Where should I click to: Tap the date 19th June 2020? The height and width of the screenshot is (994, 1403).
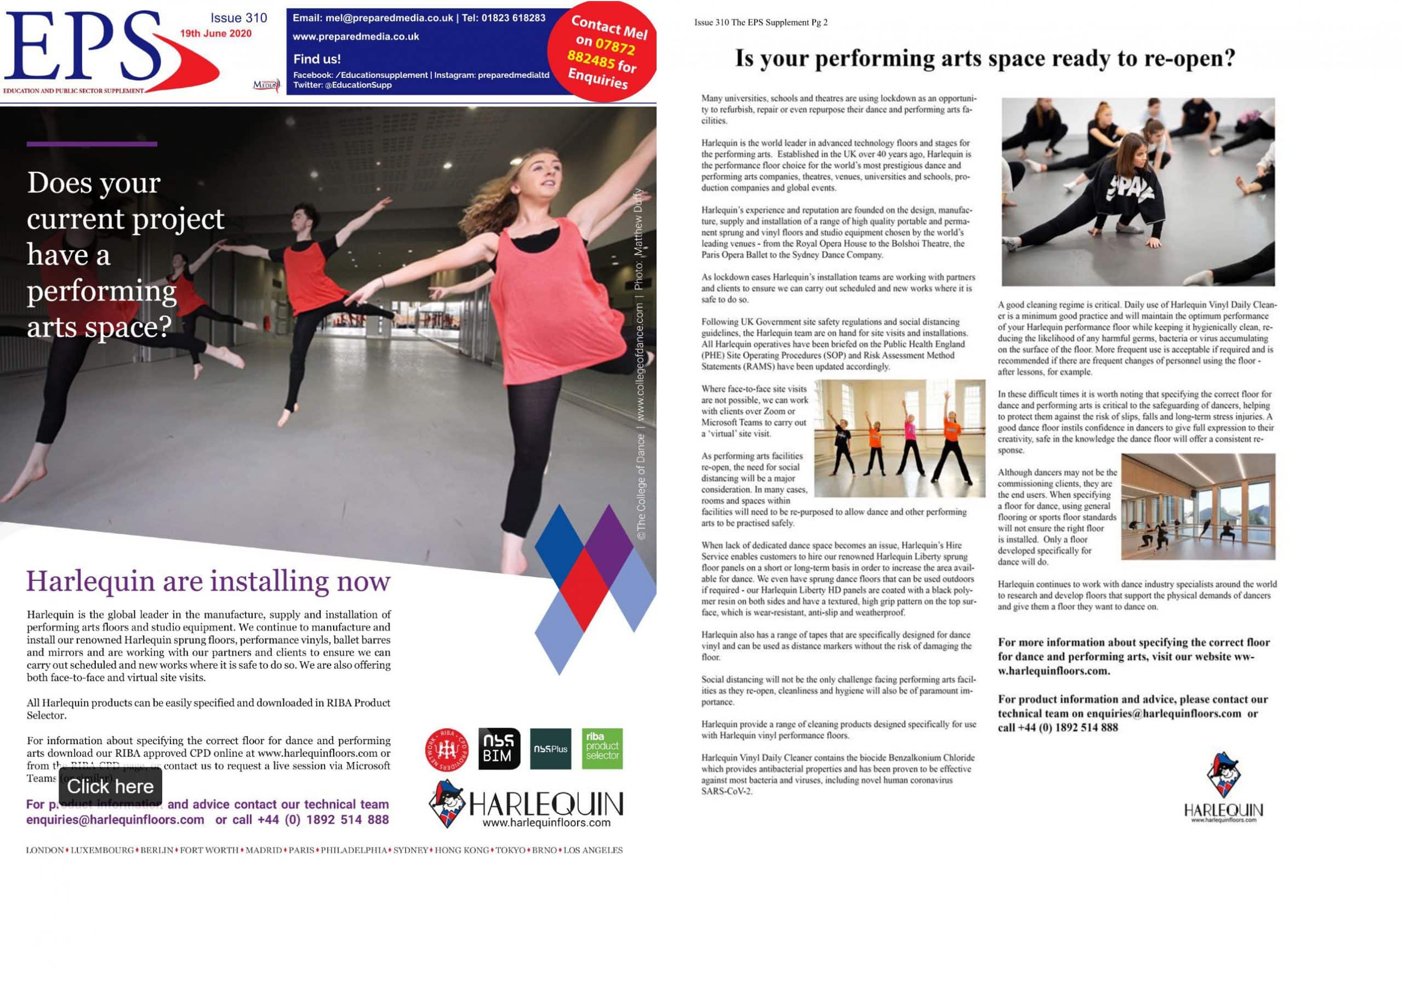pyautogui.click(x=215, y=33)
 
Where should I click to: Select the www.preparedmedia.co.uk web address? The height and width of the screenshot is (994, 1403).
pyautogui.click(x=356, y=37)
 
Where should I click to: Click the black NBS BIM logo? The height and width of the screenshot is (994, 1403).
pyautogui.click(x=499, y=749)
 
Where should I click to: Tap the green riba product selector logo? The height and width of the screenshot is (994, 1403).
pyautogui.click(x=602, y=748)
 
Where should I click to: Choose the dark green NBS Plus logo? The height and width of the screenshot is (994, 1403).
pyautogui.click(x=550, y=749)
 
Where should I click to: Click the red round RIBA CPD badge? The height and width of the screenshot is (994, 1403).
pyautogui.click(x=446, y=749)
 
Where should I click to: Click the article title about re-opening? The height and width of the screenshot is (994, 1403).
pyautogui.click(x=985, y=58)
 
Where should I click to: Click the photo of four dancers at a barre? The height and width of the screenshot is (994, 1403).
pyautogui.click(x=899, y=438)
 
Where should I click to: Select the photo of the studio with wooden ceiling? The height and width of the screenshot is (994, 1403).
pyautogui.click(x=1198, y=506)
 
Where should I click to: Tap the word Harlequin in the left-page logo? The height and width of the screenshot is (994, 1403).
pyautogui.click(x=546, y=804)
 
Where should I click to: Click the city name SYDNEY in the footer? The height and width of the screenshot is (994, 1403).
pyautogui.click(x=410, y=850)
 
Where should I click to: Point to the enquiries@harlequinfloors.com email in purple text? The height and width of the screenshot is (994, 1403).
pyautogui.click(x=115, y=820)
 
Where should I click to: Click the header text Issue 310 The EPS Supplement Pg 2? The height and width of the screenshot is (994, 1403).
pyautogui.click(x=760, y=22)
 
